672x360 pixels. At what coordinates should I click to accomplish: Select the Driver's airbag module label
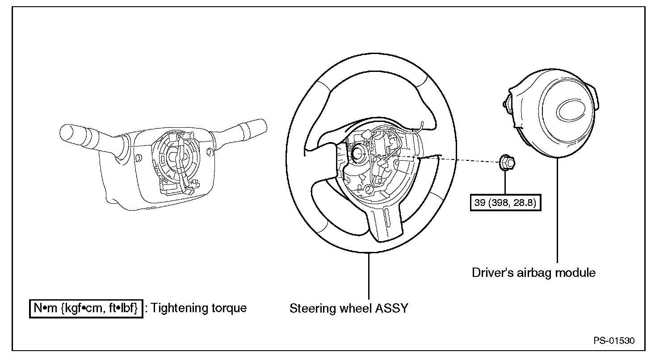pyautogui.click(x=533, y=272)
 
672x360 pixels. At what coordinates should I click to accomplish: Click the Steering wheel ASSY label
pyautogui.click(x=349, y=308)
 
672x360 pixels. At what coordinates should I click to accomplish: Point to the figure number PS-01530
pyautogui.click(x=613, y=340)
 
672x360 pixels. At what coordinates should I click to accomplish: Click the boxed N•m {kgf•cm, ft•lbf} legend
pyautogui.click(x=86, y=308)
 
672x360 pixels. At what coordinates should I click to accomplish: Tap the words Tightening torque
pyautogui.click(x=199, y=308)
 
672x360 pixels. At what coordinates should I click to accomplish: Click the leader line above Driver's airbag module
pyautogui.click(x=558, y=210)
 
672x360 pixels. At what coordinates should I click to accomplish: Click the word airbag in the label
pyautogui.click(x=534, y=272)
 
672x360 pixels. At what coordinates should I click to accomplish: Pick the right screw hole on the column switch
pyautogui.click(x=208, y=153)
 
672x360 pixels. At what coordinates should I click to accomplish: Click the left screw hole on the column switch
pyautogui.click(x=139, y=158)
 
